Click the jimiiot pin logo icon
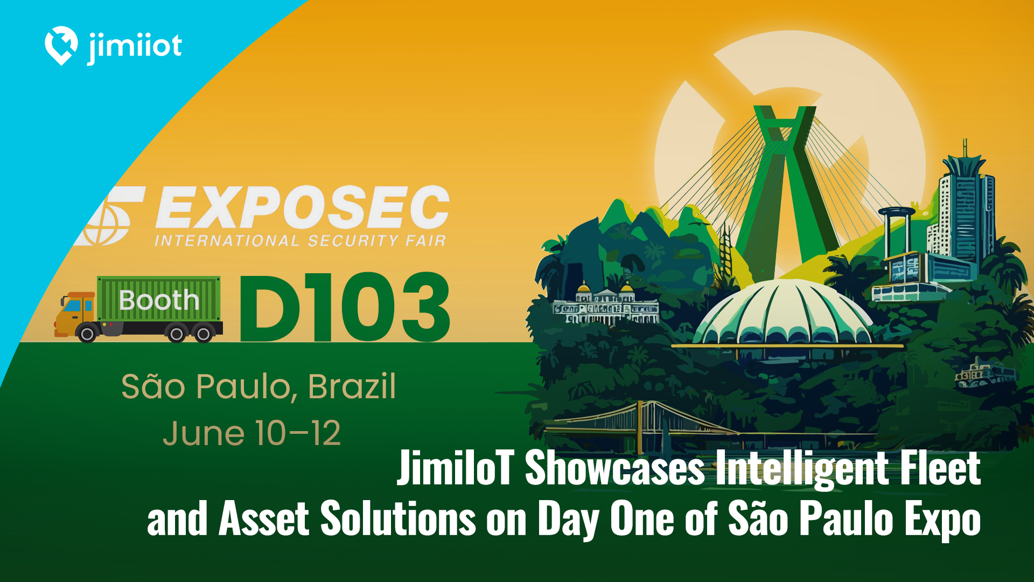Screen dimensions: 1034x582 (61, 45)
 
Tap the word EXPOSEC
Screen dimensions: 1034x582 (302, 207)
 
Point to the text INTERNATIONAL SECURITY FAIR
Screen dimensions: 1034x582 (301, 240)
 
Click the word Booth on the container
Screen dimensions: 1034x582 (159, 300)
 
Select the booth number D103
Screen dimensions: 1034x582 (345, 307)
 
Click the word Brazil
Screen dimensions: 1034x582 (352, 386)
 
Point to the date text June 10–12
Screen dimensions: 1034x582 (252, 433)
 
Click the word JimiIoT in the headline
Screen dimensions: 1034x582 (456, 467)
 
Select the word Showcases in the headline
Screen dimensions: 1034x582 (614, 467)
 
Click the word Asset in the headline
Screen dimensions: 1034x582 (264, 518)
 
